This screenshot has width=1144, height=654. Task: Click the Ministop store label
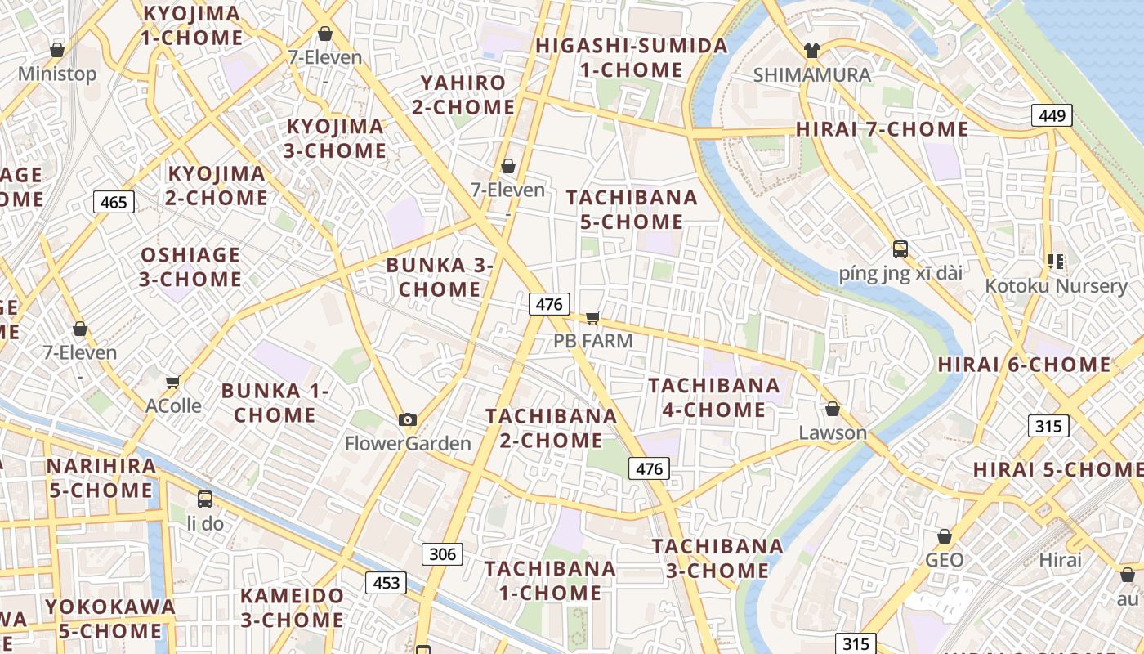(57, 74)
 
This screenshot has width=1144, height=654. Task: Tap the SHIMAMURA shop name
(811, 74)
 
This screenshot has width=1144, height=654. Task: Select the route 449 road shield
(1052, 115)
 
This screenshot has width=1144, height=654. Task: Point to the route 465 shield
(114, 201)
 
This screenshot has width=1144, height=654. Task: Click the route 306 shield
(442, 554)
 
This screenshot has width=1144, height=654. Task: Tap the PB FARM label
(593, 340)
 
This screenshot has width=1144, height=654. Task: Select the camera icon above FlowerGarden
(408, 420)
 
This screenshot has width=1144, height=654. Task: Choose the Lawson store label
(833, 432)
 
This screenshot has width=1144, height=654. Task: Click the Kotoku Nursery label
(1056, 286)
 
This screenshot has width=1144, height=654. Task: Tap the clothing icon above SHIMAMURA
(811, 51)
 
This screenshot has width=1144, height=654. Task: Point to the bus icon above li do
(205, 499)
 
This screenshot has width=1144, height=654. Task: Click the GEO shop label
(945, 560)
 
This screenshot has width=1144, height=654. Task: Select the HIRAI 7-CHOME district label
(882, 129)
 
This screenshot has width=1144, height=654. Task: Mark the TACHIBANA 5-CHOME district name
(632, 209)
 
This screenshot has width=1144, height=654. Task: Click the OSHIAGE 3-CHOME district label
(190, 267)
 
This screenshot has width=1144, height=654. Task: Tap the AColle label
(173, 405)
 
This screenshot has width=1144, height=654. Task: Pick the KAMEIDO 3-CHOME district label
(292, 607)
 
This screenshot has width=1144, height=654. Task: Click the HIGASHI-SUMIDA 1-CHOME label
(632, 57)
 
